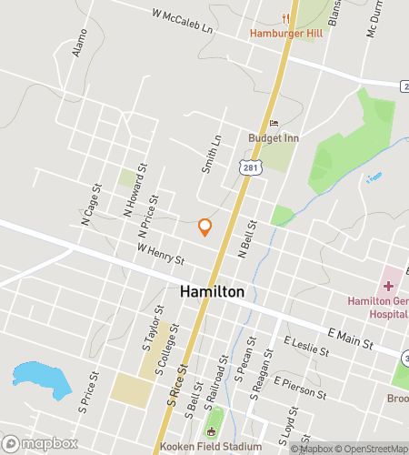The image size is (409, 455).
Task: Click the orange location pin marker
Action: pyautogui.click(x=205, y=227)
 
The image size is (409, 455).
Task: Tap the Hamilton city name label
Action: pyautogui.click(x=212, y=292)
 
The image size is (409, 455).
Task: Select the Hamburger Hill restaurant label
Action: pyautogui.click(x=287, y=34)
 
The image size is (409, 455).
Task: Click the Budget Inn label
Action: pyautogui.click(x=273, y=139)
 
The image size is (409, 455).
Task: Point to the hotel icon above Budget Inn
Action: pyautogui.click(x=273, y=124)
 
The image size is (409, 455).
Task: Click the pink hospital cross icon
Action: pyautogui.click(x=389, y=286)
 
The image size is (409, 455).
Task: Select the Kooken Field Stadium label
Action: pyautogui.click(x=211, y=447)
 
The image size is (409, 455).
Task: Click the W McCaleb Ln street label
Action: pyautogui.click(x=183, y=22)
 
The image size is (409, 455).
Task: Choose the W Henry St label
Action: pyautogui.click(x=161, y=254)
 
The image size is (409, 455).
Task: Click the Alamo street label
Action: pyautogui.click(x=80, y=42)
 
